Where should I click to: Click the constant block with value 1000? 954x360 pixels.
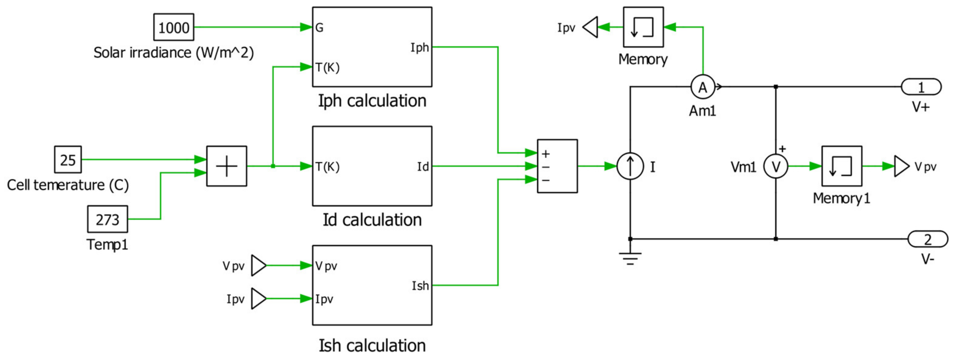coord(174,27)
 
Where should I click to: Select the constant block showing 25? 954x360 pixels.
coord(68,160)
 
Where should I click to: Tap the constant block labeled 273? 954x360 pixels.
coord(108,219)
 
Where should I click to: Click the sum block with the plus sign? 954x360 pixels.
coord(226,166)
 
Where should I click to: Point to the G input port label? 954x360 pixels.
coord(319,28)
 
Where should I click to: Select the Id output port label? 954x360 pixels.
coord(422,167)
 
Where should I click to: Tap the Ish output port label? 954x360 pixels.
coord(420,286)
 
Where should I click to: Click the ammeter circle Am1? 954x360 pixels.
coord(702,87)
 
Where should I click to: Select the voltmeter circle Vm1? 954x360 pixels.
coord(776,167)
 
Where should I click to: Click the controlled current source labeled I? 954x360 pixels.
coord(630,166)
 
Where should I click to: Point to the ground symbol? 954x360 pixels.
coord(630,258)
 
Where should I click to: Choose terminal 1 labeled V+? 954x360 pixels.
coord(921,87)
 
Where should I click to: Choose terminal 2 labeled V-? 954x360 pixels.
coord(927,239)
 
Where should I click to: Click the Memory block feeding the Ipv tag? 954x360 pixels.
coord(643,27)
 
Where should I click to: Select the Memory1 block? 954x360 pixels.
coord(841,166)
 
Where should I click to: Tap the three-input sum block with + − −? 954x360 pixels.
coord(557,166)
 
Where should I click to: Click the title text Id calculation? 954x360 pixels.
coord(372,220)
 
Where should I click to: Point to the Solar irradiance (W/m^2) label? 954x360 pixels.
coord(173,53)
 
